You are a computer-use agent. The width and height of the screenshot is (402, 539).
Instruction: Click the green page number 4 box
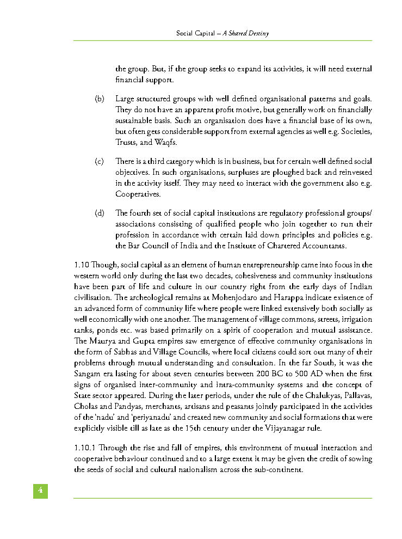tap(40, 491)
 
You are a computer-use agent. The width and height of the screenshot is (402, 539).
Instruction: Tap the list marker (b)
tap(100, 99)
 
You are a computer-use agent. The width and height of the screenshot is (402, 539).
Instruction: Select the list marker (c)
tap(99, 161)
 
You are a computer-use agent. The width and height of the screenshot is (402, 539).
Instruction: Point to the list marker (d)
tap(100, 212)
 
